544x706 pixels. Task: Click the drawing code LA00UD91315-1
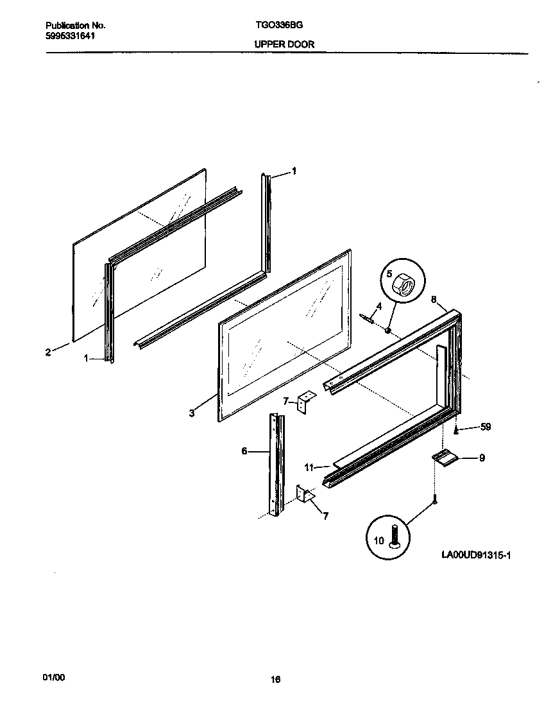tap(475, 554)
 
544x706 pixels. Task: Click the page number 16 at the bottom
tap(276, 680)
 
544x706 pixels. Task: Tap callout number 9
tap(482, 458)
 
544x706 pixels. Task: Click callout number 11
tap(309, 468)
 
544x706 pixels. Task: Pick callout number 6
tap(244, 451)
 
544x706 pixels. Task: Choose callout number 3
tap(192, 413)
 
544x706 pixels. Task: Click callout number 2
tap(48, 352)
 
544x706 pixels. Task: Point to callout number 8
tap(434, 300)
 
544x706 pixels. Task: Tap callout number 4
tap(378, 306)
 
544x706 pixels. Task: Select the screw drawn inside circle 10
tap(394, 536)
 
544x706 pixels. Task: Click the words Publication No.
tap(76, 26)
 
